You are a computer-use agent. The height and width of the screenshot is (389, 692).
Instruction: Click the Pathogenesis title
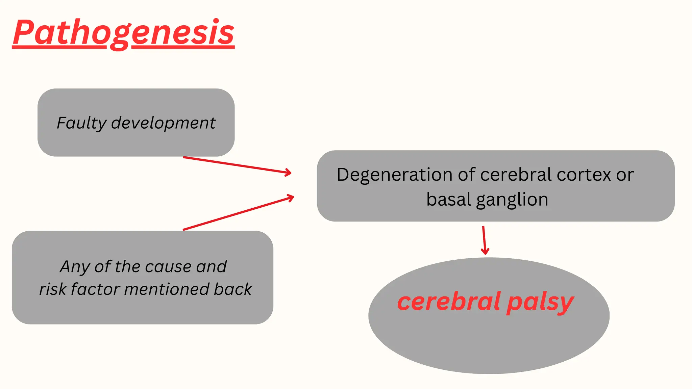[123, 33]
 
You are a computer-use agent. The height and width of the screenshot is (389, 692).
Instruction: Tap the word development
[163, 123]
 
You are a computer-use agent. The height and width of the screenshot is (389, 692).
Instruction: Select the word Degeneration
[394, 175]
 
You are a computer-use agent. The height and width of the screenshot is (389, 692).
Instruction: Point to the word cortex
[584, 175]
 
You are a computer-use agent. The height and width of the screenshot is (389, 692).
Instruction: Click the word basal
[448, 200]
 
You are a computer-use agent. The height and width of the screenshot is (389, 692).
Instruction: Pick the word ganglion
[512, 200]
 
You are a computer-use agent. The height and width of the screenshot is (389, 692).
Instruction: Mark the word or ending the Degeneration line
[624, 175]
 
